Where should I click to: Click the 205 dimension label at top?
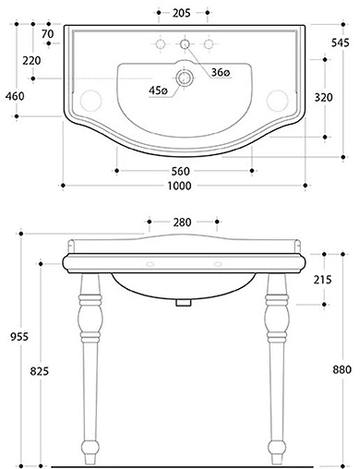(x=183, y=14)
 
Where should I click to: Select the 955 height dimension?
(x=13, y=337)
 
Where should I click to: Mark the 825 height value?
(x=41, y=369)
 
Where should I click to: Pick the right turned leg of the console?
(x=273, y=360)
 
